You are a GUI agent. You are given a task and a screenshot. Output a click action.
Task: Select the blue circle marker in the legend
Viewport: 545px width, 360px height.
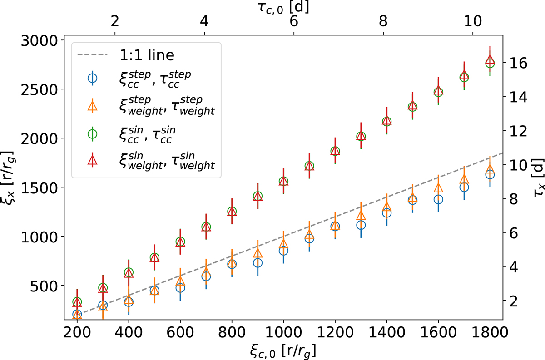point(92,78)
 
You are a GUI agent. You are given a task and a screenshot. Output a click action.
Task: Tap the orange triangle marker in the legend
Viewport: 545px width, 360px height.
point(92,105)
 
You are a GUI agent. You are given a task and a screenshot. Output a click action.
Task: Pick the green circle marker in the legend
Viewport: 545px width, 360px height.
point(92,133)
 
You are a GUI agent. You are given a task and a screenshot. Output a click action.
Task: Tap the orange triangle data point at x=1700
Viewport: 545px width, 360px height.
point(464,179)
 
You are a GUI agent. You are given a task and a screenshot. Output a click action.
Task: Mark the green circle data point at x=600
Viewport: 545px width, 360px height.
point(180,242)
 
